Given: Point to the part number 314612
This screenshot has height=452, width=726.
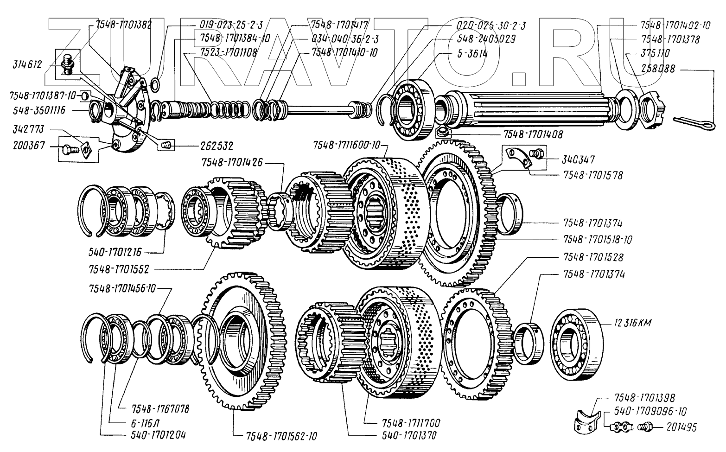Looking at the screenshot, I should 29,65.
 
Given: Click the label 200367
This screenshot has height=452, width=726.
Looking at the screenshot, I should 29,146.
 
